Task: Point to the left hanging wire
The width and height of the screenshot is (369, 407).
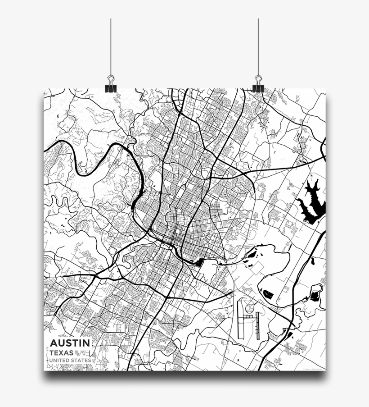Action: pyautogui.click(x=111, y=45)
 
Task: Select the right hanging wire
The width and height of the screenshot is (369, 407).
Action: pyautogui.click(x=258, y=45)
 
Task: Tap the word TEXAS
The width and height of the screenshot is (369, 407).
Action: pyautogui.click(x=62, y=352)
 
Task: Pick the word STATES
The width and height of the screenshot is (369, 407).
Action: pyautogui.click(x=81, y=361)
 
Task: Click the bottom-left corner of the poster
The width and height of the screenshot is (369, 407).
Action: pyautogui.click(x=44, y=370)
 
